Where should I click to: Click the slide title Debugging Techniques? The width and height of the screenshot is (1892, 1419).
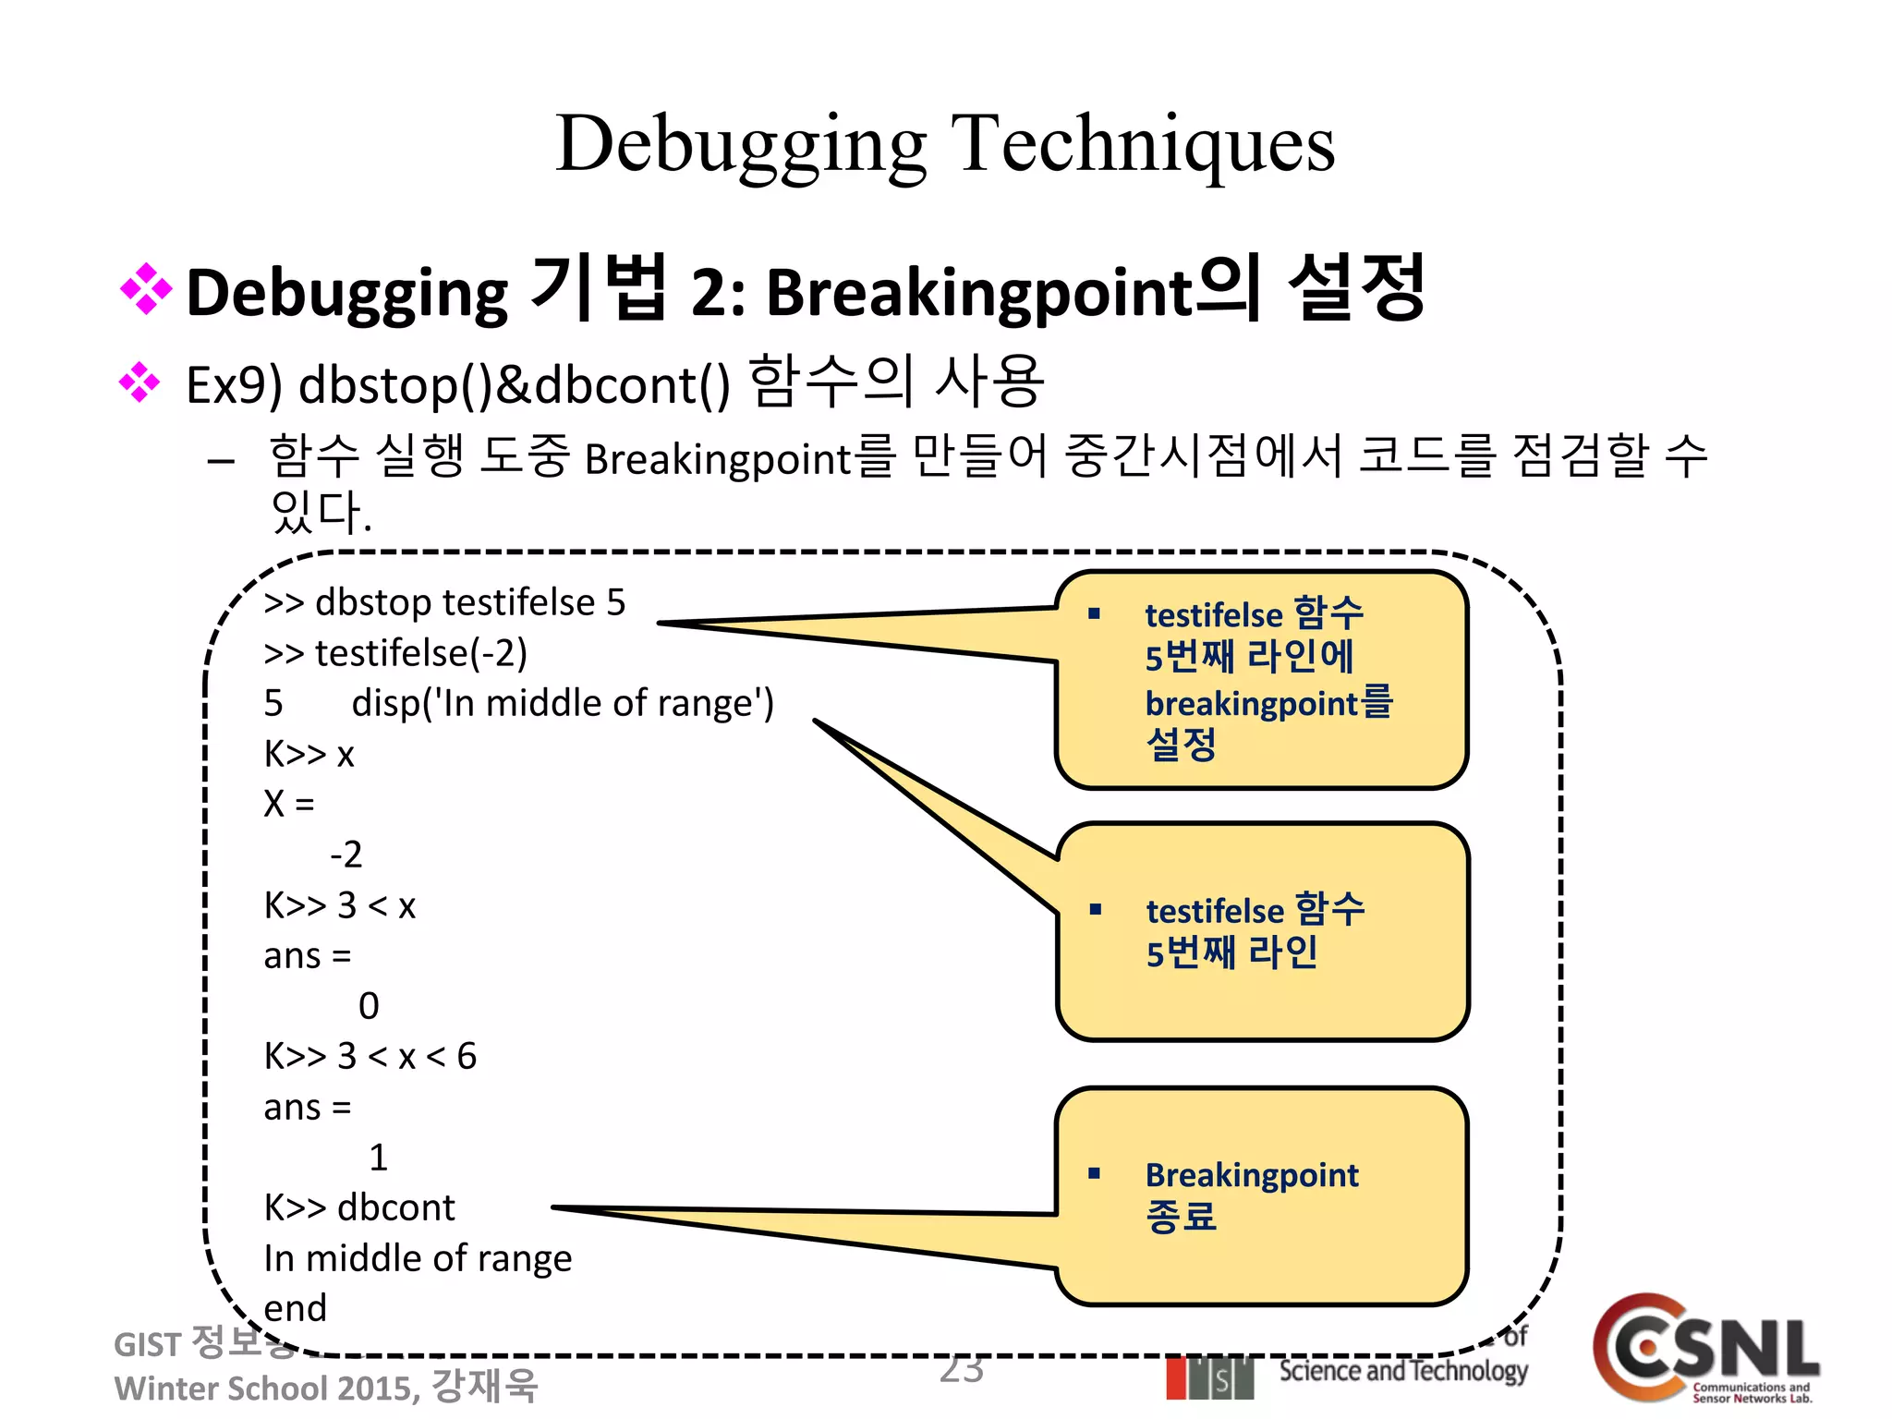click(945, 144)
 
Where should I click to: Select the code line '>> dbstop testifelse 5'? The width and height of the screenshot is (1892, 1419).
click(444, 602)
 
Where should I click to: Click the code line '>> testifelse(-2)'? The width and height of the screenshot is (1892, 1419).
click(395, 653)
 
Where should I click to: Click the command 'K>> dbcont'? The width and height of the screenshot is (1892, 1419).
click(359, 1207)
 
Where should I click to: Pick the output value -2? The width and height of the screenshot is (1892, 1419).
click(346, 855)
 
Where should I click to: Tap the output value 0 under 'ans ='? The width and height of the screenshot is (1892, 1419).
click(369, 1006)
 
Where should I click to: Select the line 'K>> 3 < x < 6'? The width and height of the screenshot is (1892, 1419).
click(370, 1056)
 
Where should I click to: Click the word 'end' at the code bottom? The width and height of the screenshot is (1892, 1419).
click(296, 1308)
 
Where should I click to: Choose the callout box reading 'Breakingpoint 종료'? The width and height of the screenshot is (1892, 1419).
click(1261, 1196)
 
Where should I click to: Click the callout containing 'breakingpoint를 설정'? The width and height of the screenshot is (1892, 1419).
click(1261, 679)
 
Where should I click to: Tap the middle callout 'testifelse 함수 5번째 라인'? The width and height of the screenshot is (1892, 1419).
click(1261, 931)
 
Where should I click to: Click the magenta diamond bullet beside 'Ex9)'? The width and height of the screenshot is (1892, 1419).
click(139, 382)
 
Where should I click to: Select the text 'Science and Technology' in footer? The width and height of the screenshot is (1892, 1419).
click(1402, 1371)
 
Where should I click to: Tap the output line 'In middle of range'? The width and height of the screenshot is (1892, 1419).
click(418, 1258)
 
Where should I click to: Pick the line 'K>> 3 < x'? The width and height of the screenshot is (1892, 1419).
click(339, 905)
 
